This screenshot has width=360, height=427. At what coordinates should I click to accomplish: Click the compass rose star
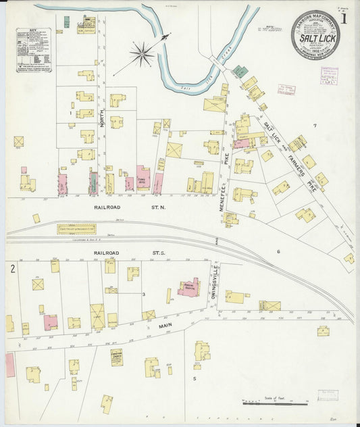pos(142,54)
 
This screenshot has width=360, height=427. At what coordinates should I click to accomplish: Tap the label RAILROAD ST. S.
pos(129,253)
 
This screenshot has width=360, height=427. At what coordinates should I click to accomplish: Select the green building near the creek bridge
pos(239,70)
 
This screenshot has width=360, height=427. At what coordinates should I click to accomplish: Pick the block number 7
pos(314,126)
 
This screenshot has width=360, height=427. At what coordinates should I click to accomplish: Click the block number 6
pos(278,251)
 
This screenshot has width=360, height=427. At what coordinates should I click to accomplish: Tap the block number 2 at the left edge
pos(12,269)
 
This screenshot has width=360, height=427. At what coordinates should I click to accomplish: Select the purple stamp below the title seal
pos(330,75)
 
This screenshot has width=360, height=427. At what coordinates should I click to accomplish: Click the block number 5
pos(194,378)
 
